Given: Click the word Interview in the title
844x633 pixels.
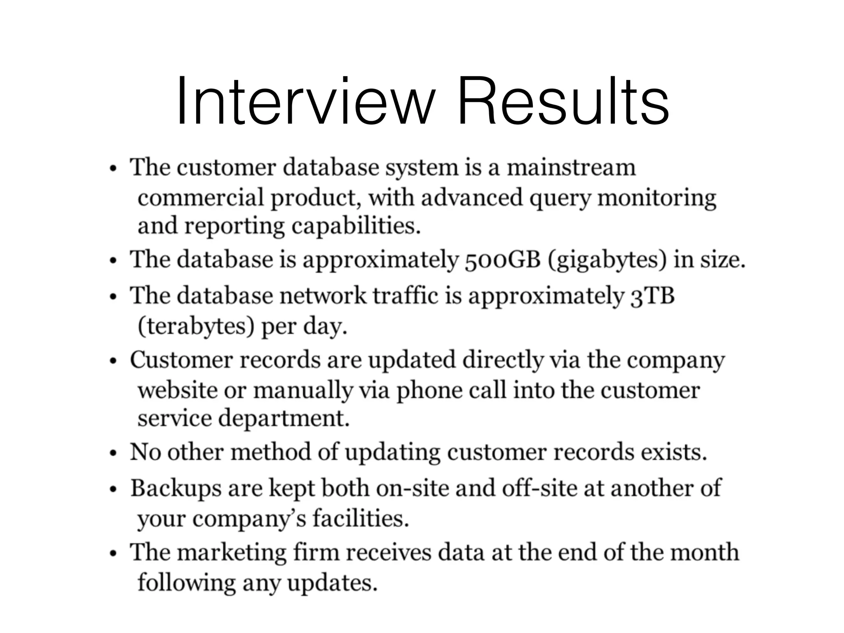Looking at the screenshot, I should click(x=305, y=101).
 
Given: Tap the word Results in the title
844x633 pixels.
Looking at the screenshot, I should click(x=563, y=101).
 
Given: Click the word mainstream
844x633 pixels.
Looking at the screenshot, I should click(x=571, y=168).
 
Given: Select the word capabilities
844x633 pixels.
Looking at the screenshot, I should click(x=356, y=226).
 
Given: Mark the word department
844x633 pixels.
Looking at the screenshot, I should click(x=284, y=419).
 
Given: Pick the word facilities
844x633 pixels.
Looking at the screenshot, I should click(x=361, y=518).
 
